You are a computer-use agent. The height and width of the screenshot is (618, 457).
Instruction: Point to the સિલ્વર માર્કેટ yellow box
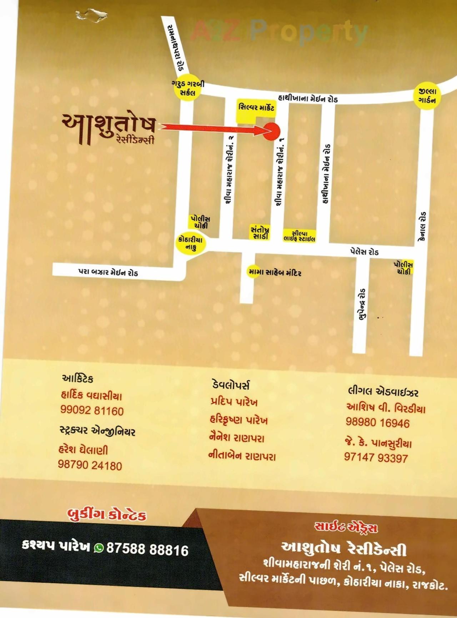click(256, 107)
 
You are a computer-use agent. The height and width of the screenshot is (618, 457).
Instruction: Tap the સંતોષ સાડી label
click(260, 233)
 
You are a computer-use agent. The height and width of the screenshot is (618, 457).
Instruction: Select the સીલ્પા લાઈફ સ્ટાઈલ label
click(299, 236)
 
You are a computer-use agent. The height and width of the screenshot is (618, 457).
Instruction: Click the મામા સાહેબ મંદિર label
click(275, 273)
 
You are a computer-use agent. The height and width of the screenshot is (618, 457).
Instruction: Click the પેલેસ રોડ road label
click(364, 252)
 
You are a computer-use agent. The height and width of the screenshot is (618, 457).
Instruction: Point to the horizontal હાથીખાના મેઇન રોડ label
click(308, 98)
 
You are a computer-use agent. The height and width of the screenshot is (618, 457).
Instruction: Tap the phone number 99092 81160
click(92, 411)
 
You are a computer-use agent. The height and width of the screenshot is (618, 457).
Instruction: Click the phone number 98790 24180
click(90, 465)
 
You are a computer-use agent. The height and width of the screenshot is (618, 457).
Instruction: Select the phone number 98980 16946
click(377, 423)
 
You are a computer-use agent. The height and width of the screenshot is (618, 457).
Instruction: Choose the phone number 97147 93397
click(376, 458)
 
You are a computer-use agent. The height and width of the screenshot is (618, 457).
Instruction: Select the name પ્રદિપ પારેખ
click(234, 402)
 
